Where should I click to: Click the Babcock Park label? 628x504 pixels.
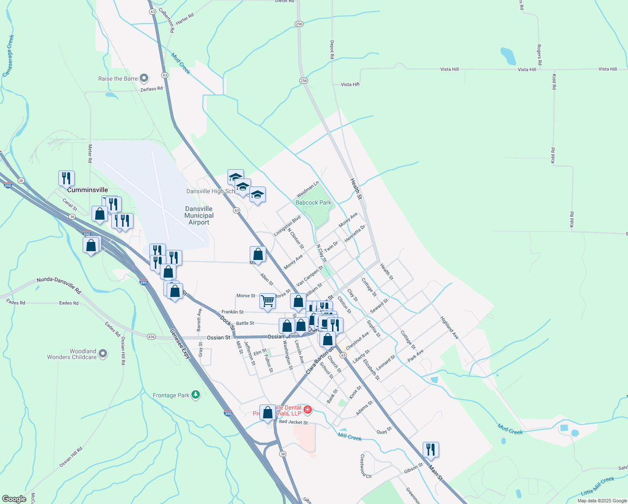pyautogui.click(x=313, y=202)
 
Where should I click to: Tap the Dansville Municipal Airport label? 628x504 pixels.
pyautogui.click(x=199, y=215)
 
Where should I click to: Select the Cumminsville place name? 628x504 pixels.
pyautogui.click(x=87, y=190)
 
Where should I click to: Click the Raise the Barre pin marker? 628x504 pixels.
pyautogui.click(x=144, y=78)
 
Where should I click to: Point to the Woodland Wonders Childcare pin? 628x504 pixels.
pyautogui.click(x=103, y=354)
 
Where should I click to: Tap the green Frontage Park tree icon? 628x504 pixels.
pyautogui.click(x=195, y=394)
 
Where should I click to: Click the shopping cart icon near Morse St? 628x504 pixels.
pyautogui.click(x=267, y=301)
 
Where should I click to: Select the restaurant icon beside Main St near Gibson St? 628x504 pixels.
pyautogui.click(x=431, y=449)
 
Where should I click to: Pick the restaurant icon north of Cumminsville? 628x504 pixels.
pyautogui.click(x=66, y=178)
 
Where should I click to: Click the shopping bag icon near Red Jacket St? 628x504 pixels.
pyautogui.click(x=267, y=412)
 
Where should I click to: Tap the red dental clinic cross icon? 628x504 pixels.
pyautogui.click(x=308, y=409)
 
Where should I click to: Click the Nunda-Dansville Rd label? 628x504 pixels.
pyautogui.click(x=58, y=285)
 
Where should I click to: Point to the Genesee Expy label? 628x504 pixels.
pyautogui.click(x=181, y=344)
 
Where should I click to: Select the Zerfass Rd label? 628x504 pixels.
pyautogui.click(x=151, y=89)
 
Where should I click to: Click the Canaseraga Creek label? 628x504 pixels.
pyautogui.click(x=8, y=55)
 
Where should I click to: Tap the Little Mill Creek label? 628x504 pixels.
pyautogui.click(x=597, y=486)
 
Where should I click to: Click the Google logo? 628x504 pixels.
pyautogui.click(x=14, y=499)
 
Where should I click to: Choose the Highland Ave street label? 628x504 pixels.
pyautogui.click(x=449, y=328)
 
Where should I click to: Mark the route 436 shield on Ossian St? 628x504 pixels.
pyautogui.click(x=151, y=337)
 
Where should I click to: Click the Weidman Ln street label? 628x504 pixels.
pyautogui.click(x=308, y=189)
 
